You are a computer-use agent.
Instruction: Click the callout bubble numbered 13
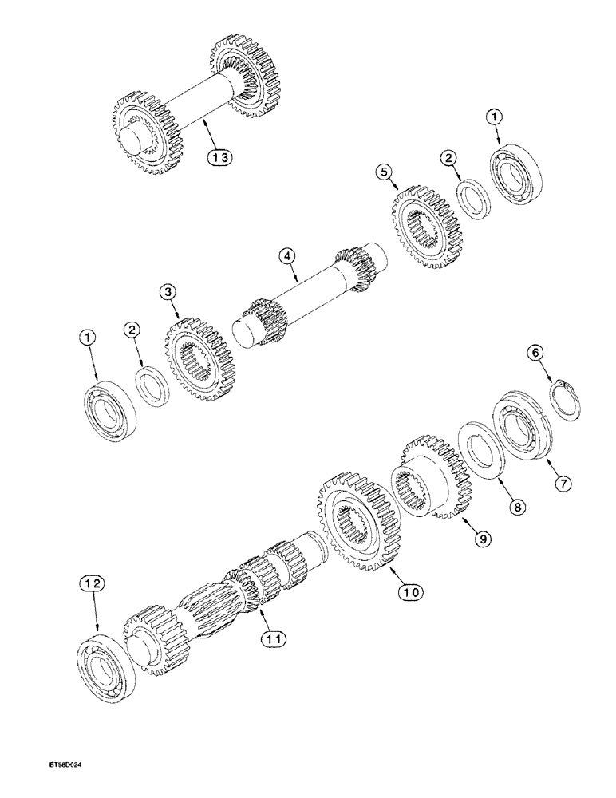click(x=220, y=157)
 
